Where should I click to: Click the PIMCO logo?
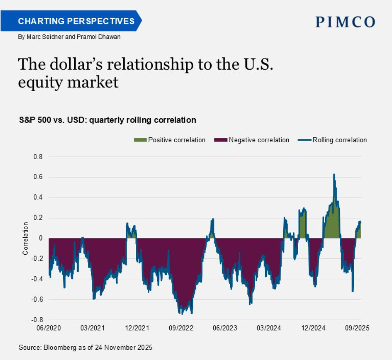[x=345, y=22]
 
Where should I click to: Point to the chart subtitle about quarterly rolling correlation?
[x=107, y=120]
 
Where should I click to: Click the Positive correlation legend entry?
[x=176, y=140]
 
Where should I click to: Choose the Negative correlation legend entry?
[x=259, y=140]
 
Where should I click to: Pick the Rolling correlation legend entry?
[x=339, y=140]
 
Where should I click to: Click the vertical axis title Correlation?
[x=26, y=239]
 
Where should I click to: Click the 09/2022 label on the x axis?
[x=181, y=328]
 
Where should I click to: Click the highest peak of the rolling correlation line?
[x=334, y=174]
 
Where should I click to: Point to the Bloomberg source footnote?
[x=85, y=347]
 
